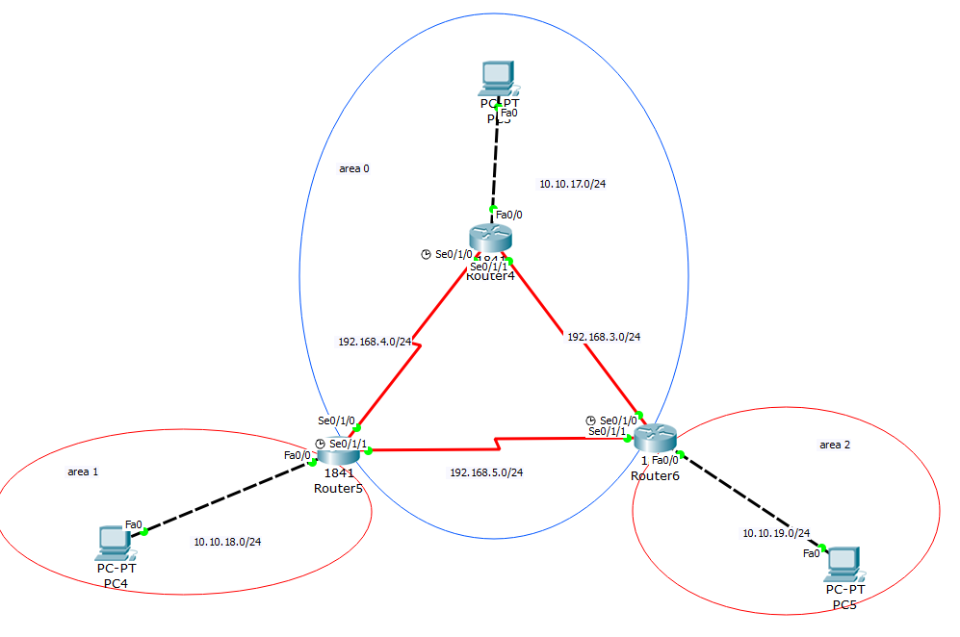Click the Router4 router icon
(x=491, y=237)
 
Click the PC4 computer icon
(x=116, y=544)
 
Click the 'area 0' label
(x=354, y=168)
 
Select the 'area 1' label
(x=83, y=471)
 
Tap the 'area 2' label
(x=835, y=445)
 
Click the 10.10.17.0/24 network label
(x=572, y=184)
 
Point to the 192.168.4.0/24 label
(x=375, y=341)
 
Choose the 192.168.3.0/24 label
(x=604, y=337)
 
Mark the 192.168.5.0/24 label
(x=486, y=472)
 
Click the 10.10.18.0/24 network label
(x=227, y=542)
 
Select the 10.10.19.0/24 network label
(x=776, y=533)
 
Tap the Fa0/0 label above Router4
(x=509, y=215)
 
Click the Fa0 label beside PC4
(x=134, y=524)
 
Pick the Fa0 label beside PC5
(x=812, y=553)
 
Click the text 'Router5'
(x=337, y=488)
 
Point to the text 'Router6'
(x=656, y=475)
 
